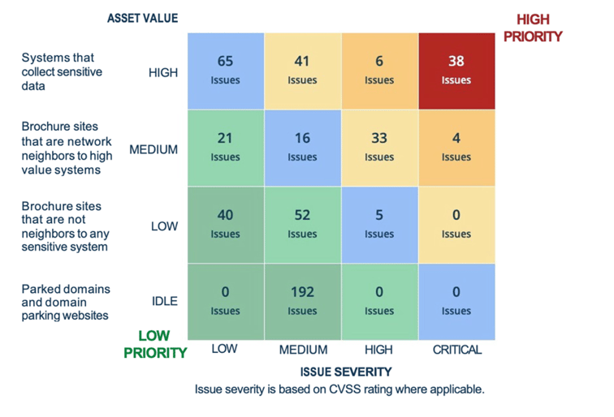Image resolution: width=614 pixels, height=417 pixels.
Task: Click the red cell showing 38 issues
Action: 456,71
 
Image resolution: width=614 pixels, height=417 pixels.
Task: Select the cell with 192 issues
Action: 302,301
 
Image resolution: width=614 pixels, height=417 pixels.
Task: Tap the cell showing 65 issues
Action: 225,71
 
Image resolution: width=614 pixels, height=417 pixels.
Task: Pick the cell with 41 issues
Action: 302,71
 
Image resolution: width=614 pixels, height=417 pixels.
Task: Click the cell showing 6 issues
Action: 379,71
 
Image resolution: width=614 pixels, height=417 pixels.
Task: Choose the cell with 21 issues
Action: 225,148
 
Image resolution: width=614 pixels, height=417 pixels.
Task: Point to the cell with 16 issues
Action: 302,148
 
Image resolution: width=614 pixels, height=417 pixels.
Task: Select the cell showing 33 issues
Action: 379,148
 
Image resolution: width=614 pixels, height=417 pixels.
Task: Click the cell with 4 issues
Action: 456,148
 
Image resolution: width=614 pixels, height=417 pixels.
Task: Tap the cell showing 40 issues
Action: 225,225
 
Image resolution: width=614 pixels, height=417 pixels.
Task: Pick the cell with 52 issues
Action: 302,225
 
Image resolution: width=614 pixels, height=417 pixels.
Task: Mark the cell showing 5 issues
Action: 379,225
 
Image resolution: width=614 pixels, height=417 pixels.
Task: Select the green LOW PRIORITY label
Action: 155,344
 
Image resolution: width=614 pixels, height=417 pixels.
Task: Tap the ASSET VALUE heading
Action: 142,18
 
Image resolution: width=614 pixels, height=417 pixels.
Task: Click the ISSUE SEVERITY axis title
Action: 346,372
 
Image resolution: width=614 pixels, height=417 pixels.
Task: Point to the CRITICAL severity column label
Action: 456,350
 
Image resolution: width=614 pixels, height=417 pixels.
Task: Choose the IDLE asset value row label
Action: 164,301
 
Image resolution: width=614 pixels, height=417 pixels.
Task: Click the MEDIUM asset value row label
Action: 153,149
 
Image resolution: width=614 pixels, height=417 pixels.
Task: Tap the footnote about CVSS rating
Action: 339,389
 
